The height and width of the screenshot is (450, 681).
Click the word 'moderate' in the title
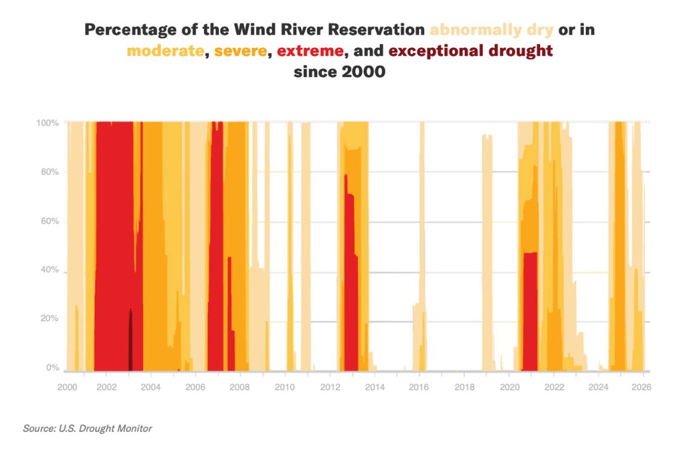click(164, 51)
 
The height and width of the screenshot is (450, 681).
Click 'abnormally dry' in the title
click(491, 31)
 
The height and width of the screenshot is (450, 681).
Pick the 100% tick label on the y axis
click(48, 124)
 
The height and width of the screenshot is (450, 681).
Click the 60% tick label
click(50, 221)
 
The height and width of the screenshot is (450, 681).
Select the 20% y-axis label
click(50, 319)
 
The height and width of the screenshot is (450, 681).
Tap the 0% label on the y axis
click(53, 368)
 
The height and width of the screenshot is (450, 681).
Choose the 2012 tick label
click(330, 386)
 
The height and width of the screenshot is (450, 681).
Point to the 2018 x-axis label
click(464, 386)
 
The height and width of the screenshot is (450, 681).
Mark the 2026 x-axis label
click(641, 386)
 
